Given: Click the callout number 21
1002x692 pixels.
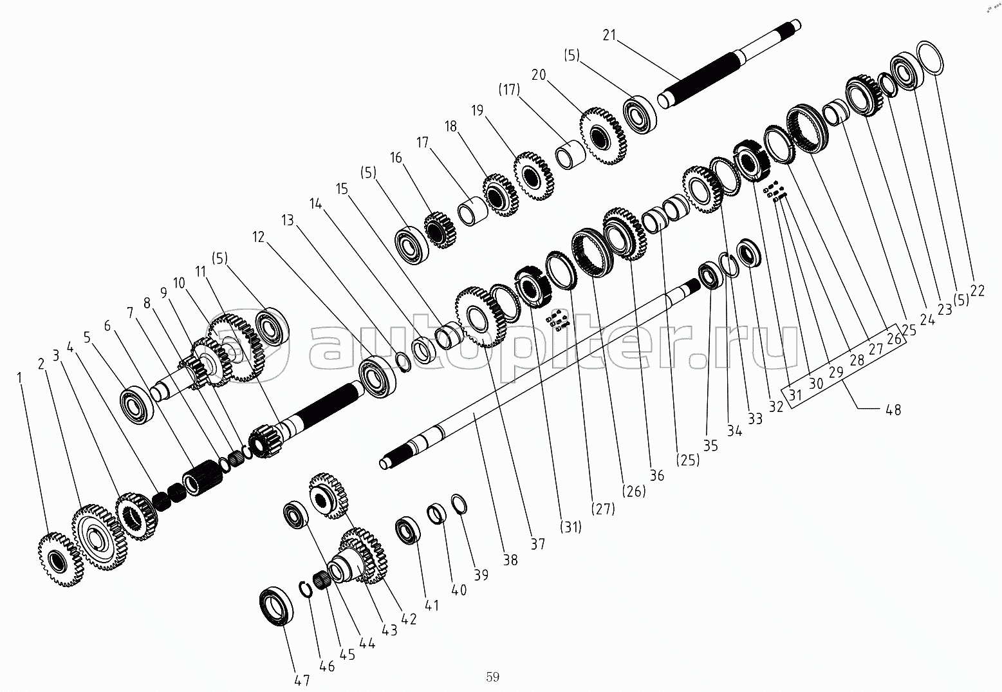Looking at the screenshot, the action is pos(609,35).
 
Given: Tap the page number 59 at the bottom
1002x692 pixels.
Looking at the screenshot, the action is pos(492,677).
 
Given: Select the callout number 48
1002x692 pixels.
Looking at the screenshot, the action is pos(893,409).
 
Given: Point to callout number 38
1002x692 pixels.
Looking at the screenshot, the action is pos(510,559).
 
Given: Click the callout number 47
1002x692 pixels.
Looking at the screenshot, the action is pos(302,680).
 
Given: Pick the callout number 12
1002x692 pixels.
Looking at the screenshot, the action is pos(259,237).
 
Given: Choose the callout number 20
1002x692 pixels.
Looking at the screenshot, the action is pos(539,74).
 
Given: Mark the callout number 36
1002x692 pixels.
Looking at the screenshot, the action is pos(656,475).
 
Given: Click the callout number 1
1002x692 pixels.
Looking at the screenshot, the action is pos(19,378).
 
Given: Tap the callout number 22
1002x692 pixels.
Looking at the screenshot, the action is pos(978,291).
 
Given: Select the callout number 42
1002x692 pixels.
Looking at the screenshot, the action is pos(409,619).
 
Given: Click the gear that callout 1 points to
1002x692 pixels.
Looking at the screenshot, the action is pos(61,559).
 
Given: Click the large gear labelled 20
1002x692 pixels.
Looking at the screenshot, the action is pos(604,136).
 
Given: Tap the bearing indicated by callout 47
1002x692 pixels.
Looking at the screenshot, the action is pos(277,606).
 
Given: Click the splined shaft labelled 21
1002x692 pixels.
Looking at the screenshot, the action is pos(728,64).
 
